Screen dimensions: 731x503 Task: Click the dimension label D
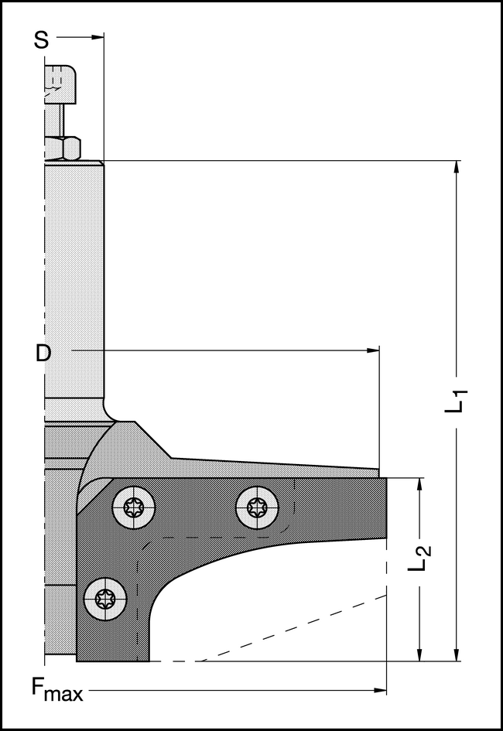[43, 353]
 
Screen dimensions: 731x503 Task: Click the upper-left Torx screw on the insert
[133, 507]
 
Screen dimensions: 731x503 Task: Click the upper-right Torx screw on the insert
[257, 507]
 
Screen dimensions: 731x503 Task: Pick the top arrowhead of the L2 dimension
[419, 483]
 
